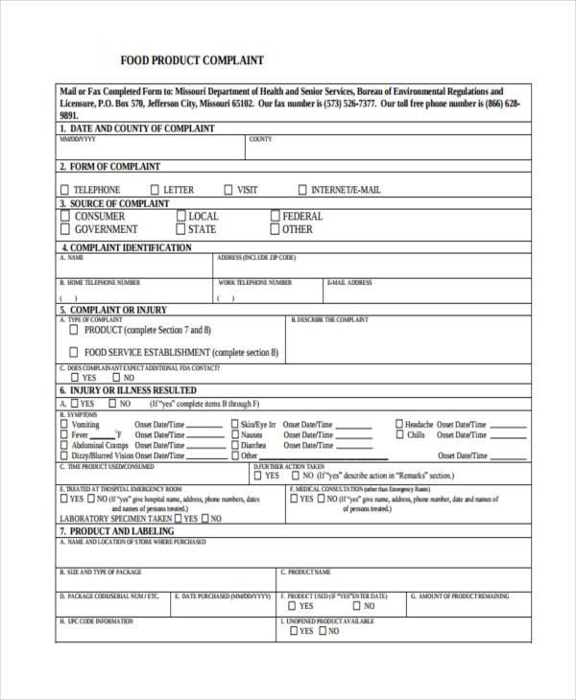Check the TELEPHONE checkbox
tap(64, 190)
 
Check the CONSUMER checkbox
tap(64, 217)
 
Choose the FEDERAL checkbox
tap(275, 217)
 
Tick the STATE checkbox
tap(180, 230)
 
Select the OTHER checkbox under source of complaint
tap(275, 230)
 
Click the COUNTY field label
tap(260, 140)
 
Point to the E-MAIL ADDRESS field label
tap(349, 283)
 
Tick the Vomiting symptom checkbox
tap(64, 424)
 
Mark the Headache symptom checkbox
tap(398, 424)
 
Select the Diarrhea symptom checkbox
tap(233, 446)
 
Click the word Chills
tap(416, 434)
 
